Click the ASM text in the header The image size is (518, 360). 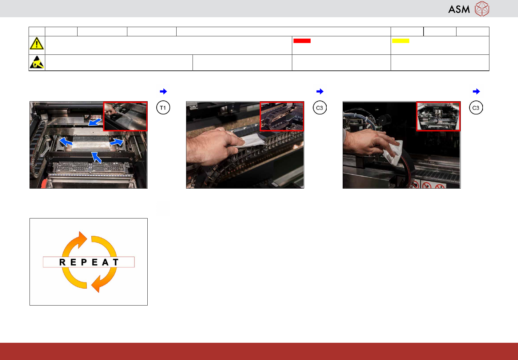tap(459, 10)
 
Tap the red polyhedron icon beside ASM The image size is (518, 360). tap(482, 9)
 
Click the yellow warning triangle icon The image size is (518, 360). tap(37, 43)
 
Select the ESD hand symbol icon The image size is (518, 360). tap(37, 62)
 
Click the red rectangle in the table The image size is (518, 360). tap(302, 41)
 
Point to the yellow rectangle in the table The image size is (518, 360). tap(400, 41)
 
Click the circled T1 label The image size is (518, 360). tap(163, 108)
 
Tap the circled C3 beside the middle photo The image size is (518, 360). tap(320, 108)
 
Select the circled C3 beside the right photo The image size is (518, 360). tap(476, 108)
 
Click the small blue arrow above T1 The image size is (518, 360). tap(163, 91)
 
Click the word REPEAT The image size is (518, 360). tap(89, 262)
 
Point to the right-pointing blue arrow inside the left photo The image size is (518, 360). tap(116, 142)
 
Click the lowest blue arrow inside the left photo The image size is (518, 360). tap(96, 157)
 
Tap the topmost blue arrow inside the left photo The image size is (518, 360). tap(95, 122)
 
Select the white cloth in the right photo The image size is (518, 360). tap(393, 152)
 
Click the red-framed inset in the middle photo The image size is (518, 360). tap(282, 116)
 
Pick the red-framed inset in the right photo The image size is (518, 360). tap(438, 116)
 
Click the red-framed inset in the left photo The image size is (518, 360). tap(125, 116)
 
